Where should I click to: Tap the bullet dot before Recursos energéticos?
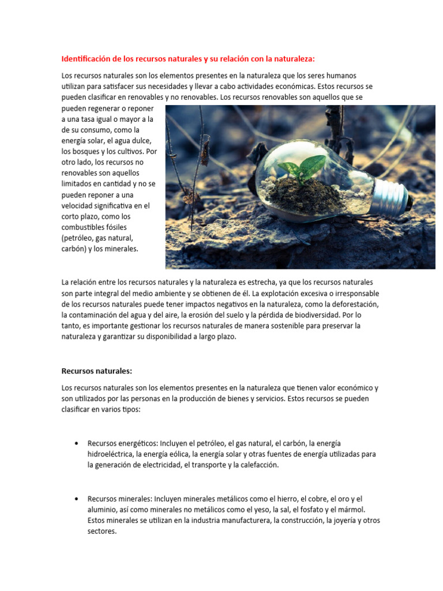(76, 443)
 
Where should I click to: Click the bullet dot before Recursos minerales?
(76, 499)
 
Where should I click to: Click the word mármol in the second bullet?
(351, 510)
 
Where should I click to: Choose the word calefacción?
(257, 465)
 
